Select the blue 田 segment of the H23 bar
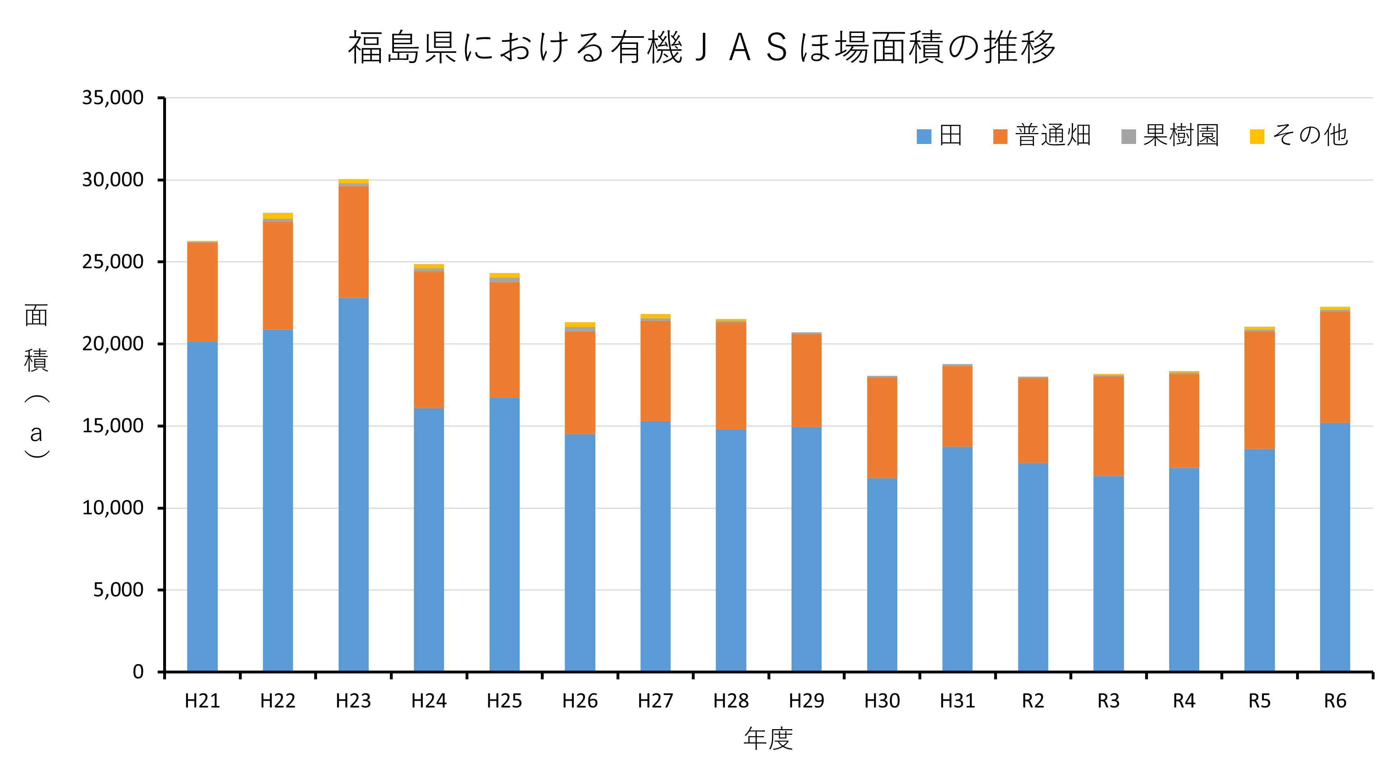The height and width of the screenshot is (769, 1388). [354, 485]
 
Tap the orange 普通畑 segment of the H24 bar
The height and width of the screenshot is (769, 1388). [429, 339]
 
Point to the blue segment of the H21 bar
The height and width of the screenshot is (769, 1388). [203, 506]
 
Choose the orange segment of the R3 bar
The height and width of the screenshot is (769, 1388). [1108, 426]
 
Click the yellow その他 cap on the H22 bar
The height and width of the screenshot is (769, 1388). [278, 216]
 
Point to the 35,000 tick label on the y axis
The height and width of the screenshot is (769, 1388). [113, 98]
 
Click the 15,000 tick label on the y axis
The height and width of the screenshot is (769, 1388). [113, 426]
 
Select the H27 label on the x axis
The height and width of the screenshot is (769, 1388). [655, 701]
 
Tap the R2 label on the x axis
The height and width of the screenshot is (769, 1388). [1033, 701]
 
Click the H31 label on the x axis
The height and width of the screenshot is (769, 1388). [957, 701]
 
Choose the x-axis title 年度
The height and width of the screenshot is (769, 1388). [768, 739]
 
